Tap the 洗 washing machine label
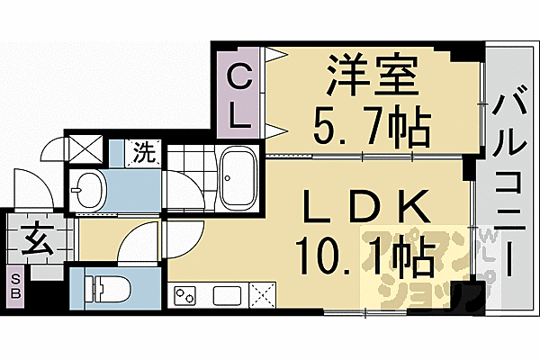coord(143,151)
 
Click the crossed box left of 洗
coord(86,147)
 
